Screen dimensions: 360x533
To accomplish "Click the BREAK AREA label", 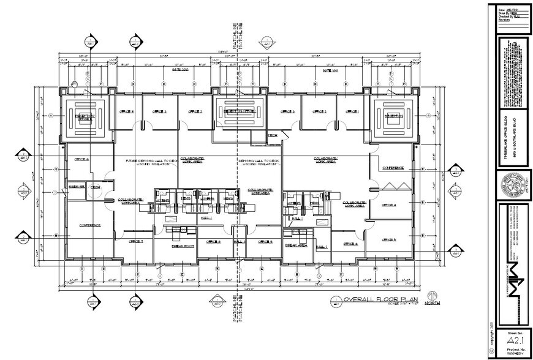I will (x=297, y=245).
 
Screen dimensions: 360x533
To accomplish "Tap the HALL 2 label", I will (x=322, y=246).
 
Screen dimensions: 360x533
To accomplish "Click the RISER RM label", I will (x=76, y=186).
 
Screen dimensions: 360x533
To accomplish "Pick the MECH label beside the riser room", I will (x=95, y=186).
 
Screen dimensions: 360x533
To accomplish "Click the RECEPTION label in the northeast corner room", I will (x=392, y=115).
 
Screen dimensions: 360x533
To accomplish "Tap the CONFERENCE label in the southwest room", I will (x=89, y=225).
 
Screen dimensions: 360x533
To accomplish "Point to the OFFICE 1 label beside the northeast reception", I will (x=352, y=111).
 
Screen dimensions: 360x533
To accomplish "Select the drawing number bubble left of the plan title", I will (x=335, y=301).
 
